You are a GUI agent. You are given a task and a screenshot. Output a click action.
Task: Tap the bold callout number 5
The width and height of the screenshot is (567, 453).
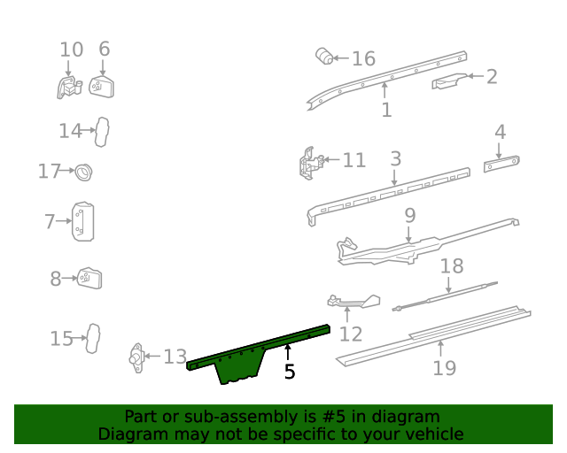290,372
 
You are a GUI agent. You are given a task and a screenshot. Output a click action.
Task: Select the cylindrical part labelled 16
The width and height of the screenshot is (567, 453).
324,56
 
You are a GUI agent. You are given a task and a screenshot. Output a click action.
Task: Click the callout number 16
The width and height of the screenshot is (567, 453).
364,58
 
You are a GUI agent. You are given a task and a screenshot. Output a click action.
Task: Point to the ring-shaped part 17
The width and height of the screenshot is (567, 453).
83,172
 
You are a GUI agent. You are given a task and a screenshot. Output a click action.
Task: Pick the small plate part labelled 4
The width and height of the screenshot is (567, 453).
501,164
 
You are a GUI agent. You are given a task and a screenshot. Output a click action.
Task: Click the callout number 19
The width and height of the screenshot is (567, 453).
445,368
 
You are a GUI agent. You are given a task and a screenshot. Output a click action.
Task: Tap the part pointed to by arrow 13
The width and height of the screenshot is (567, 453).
137,357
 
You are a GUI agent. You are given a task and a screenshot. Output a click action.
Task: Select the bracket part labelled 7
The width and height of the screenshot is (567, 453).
82,221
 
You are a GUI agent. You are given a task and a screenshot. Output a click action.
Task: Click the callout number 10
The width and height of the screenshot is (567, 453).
71,50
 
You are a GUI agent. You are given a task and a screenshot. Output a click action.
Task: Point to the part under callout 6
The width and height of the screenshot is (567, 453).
102,87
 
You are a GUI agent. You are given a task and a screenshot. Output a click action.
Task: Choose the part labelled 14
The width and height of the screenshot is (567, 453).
102,132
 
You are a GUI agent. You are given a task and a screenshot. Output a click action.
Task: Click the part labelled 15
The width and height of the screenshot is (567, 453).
93,339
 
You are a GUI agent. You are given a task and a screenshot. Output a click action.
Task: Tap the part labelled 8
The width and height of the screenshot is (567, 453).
89,278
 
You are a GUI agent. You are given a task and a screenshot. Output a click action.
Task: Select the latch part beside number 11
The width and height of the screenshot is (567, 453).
311,164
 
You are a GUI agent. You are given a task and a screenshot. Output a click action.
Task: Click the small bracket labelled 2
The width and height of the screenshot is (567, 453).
449,81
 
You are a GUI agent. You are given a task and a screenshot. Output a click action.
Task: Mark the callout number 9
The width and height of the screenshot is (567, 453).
409,215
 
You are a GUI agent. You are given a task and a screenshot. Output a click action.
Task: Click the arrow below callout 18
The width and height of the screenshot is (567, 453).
448,285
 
